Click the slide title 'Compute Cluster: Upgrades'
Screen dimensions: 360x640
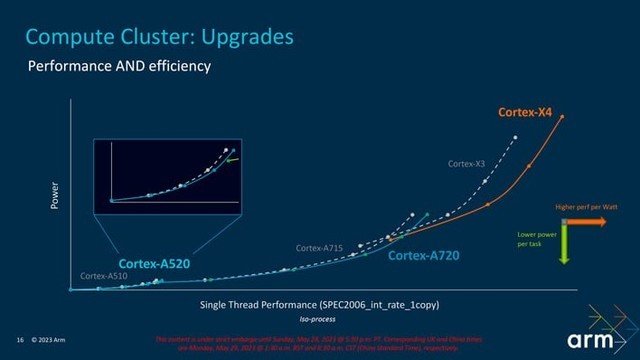click(x=159, y=38)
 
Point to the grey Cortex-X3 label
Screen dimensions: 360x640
click(x=467, y=163)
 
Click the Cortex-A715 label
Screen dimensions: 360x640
click(x=319, y=247)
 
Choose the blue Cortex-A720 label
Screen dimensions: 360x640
click(x=423, y=256)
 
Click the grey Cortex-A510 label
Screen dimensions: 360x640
click(x=105, y=276)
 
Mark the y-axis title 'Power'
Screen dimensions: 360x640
click(x=56, y=195)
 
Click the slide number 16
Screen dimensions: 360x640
click(x=19, y=337)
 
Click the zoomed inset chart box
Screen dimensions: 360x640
click(x=167, y=176)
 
